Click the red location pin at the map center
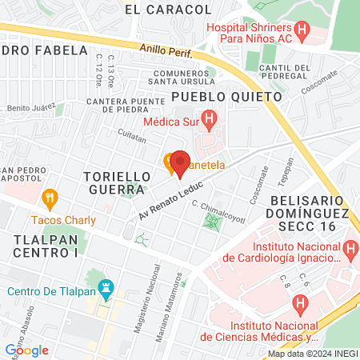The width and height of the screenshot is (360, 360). coord(179,162)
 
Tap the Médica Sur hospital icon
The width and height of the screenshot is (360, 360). coord(209,122)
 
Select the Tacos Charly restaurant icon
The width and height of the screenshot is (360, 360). coord(50,196)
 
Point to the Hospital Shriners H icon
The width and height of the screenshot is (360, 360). coord(302,32)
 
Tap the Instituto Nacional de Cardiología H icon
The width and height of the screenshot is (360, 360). coord(350,252)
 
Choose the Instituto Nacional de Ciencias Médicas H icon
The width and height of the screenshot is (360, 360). coord(301,303)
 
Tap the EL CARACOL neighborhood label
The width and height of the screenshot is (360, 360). coord(169,10)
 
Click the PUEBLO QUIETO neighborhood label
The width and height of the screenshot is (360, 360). coord(227,96)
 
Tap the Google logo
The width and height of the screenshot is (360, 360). coord(26,350)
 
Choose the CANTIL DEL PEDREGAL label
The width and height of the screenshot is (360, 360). coord(285,73)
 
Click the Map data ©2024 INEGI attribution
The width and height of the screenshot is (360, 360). coord(312,354)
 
